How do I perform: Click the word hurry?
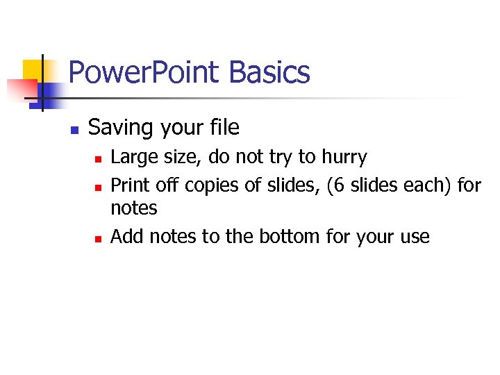point(344,158)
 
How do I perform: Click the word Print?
point(130,186)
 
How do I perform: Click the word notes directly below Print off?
point(134,208)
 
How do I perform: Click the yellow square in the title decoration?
point(33,69)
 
